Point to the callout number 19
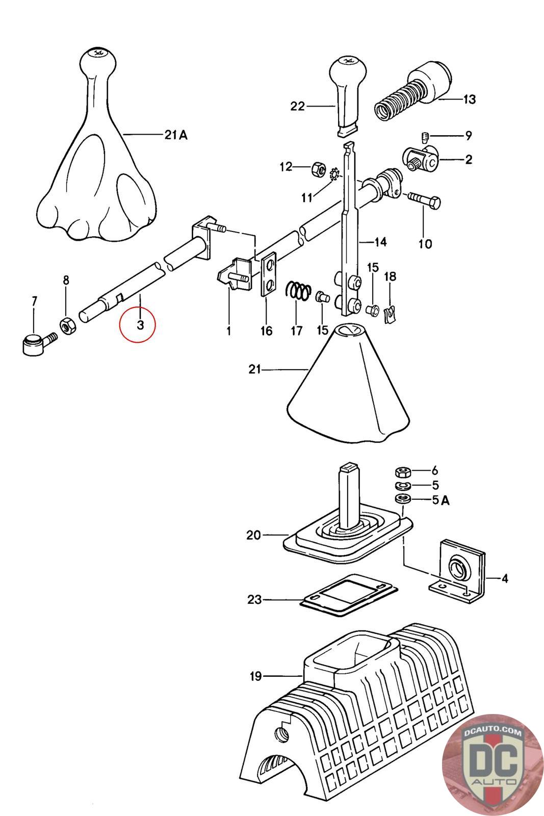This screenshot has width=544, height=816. coord(255,676)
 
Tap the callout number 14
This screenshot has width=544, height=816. coord(380,242)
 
